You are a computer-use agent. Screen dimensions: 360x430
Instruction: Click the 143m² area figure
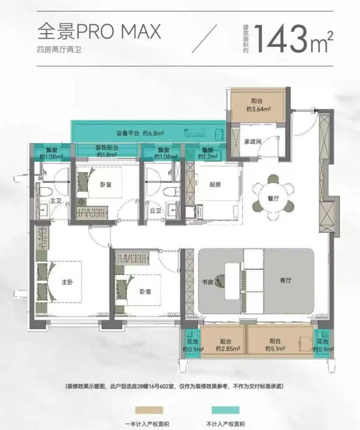[294, 39]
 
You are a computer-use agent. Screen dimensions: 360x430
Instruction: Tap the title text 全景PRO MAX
[99, 31]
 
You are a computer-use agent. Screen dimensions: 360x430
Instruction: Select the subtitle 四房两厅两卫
[59, 50]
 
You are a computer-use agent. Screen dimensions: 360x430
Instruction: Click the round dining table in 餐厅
[273, 198]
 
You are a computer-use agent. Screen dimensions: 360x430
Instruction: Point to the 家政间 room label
[252, 142]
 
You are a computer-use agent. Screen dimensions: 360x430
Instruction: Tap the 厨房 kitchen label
[215, 185]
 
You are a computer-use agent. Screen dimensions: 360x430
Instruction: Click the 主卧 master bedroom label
[67, 282]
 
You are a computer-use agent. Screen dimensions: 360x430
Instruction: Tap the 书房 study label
[207, 282]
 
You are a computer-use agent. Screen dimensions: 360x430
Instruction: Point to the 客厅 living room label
[286, 280]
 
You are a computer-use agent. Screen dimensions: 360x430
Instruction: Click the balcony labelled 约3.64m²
[258, 105]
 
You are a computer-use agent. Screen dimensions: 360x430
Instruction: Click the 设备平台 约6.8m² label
[140, 133]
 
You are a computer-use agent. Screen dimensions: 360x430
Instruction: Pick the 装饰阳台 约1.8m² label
[107, 151]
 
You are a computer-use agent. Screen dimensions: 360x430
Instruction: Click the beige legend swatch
[149, 410]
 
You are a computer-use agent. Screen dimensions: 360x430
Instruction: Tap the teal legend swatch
[225, 410]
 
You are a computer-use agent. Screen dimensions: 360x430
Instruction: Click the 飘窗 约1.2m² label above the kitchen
[208, 153]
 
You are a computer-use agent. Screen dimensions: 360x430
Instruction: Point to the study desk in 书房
[232, 281]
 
